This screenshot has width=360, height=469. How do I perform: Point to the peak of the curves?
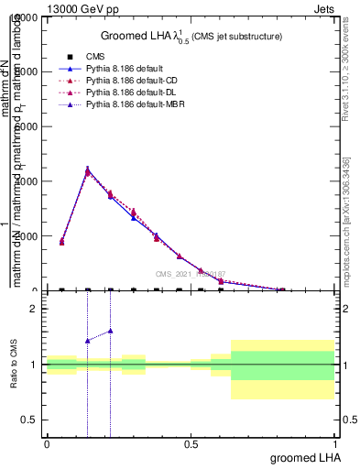click(88, 169)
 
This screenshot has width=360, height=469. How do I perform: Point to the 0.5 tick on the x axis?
click(191, 443)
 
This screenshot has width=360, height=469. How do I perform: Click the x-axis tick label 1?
click(334, 443)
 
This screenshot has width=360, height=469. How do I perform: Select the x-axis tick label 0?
click(47, 443)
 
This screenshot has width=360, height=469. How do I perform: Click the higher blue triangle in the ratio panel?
click(110, 331)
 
